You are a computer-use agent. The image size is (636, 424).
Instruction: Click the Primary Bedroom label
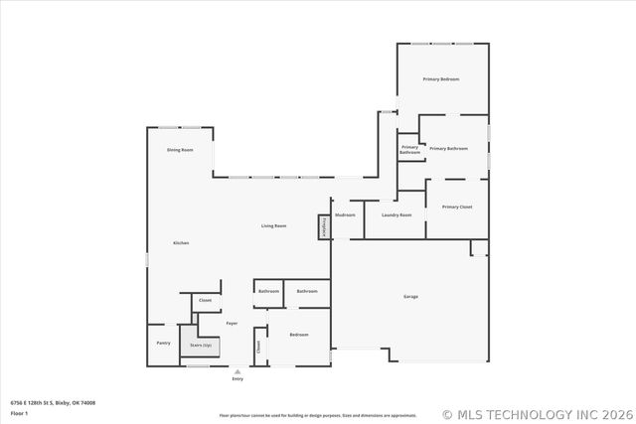click(x=440, y=78)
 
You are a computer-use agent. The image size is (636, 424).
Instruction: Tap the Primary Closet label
click(x=457, y=207)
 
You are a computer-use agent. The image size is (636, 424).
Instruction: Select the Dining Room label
click(x=180, y=149)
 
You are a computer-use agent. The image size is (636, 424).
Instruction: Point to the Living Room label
click(x=274, y=226)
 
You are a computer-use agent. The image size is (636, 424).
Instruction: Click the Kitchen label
click(x=181, y=243)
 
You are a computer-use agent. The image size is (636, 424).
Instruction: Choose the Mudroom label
click(x=345, y=214)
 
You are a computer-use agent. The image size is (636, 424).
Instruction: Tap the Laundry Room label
click(x=397, y=214)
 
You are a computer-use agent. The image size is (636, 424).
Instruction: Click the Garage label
click(x=410, y=297)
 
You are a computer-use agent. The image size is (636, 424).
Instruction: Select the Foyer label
click(x=232, y=323)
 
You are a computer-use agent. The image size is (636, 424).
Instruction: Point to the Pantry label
click(x=163, y=343)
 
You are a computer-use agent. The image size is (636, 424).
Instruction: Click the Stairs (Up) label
click(x=202, y=345)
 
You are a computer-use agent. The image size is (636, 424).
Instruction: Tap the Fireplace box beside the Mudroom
click(x=323, y=226)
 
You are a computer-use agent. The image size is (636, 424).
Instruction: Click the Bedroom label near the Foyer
click(x=299, y=335)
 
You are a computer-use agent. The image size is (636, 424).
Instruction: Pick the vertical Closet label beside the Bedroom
click(x=258, y=347)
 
